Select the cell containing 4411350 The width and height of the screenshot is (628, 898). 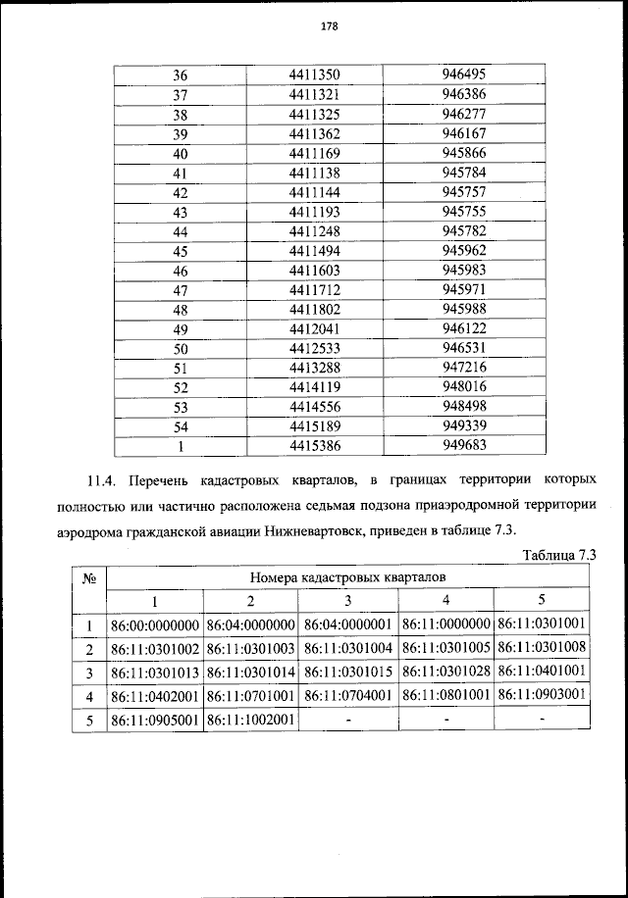[314, 75]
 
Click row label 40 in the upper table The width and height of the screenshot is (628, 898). [180, 154]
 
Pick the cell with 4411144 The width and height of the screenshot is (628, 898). [314, 192]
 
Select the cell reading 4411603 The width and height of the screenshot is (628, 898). [314, 271]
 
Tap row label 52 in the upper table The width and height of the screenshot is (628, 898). [180, 388]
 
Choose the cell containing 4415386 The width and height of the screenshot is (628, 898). [314, 446]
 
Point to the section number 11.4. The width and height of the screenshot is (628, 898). [101, 480]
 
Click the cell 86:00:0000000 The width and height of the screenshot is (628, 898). [155, 624]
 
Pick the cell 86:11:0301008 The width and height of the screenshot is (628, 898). [542, 649]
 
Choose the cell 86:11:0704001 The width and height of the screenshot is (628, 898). [348, 696]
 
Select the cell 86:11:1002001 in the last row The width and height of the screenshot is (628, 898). [251, 721]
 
